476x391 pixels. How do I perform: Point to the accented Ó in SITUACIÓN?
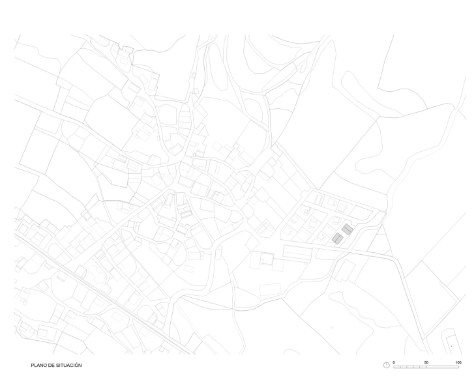(x=76, y=365)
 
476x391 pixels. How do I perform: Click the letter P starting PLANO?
(x=32, y=365)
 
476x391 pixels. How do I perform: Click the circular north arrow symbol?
(x=386, y=365)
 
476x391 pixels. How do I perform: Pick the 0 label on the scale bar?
(x=394, y=361)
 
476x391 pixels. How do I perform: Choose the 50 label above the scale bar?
(x=426, y=361)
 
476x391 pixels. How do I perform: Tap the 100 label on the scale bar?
(x=458, y=361)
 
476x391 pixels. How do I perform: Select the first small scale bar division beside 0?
(x=397, y=367)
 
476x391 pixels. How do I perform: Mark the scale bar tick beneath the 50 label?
(x=427, y=367)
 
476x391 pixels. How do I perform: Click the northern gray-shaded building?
(x=348, y=229)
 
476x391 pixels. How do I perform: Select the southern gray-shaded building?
(x=337, y=239)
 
